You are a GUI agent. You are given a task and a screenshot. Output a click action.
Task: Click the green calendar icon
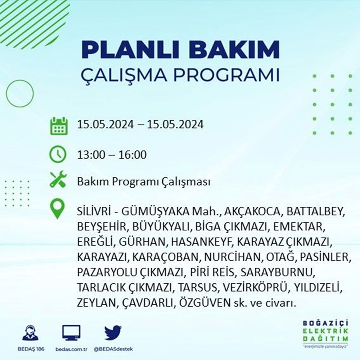[59, 126]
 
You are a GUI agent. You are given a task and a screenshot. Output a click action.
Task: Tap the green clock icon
[58, 154]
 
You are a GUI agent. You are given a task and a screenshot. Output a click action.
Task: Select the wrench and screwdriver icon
[58, 179]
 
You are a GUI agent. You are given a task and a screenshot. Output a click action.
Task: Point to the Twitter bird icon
[113, 332]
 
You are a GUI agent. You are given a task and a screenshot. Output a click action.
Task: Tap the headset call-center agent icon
[31, 332]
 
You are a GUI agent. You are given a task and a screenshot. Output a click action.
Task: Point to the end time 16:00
[132, 154]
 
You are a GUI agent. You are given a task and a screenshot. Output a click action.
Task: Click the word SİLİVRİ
[94, 211]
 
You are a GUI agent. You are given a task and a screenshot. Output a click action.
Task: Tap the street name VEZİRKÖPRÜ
[255, 287]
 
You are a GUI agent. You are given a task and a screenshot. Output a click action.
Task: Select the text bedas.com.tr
[71, 349]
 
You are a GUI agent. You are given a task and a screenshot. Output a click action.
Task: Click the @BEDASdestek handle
[113, 349]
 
